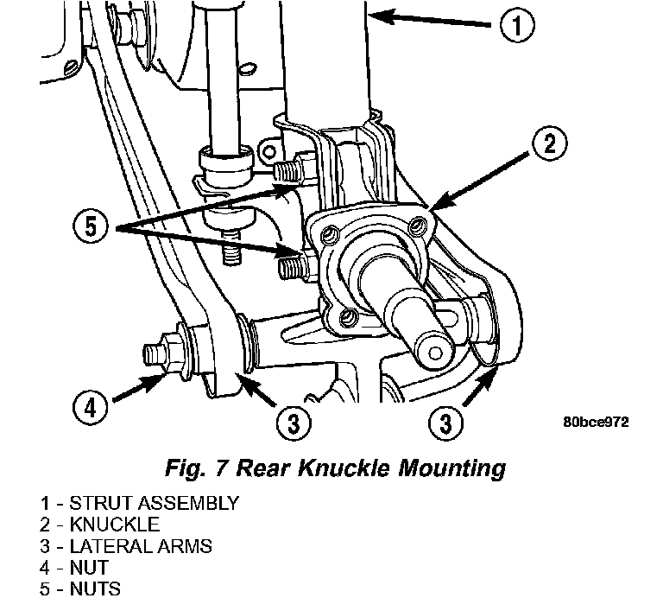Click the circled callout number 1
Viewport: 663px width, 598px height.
pos(517,25)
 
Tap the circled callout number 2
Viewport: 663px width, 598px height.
pos(550,144)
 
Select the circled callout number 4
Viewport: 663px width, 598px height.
pos(90,409)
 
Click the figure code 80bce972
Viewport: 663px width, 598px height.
pos(596,422)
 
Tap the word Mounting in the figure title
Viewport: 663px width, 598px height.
pos(451,469)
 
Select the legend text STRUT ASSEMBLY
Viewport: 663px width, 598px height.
pos(155,503)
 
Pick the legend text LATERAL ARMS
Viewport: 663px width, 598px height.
pos(141,546)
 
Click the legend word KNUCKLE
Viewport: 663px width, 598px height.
pos(115,525)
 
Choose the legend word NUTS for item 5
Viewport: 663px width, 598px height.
pos(95,588)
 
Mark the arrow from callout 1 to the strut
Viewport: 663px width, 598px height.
pos(430,20)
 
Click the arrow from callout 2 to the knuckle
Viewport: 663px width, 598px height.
pos(479,181)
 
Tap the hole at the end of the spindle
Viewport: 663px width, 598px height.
pos(435,353)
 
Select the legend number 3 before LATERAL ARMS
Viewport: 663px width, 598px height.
pos(45,546)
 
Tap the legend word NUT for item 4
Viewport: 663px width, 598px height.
pos(89,567)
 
